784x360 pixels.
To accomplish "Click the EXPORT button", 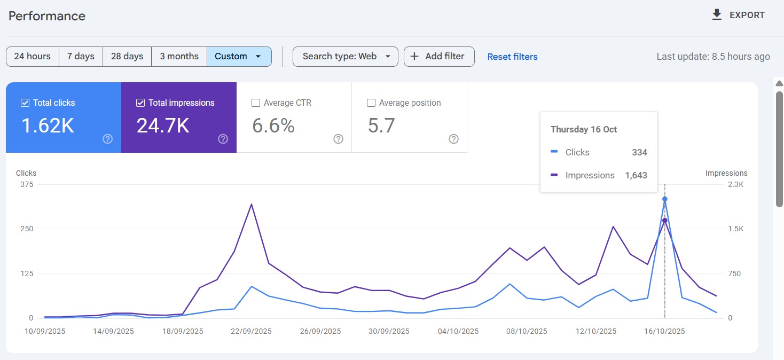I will coord(739,15).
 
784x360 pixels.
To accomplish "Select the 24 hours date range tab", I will coord(33,57).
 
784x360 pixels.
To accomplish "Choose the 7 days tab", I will coord(81,57).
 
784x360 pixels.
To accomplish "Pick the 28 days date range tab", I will coord(127,57).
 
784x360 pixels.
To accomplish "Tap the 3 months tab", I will coord(179,57).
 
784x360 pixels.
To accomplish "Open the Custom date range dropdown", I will coord(239,57).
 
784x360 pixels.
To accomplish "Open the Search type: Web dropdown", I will coord(345,57).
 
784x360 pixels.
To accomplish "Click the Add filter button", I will coord(438,57).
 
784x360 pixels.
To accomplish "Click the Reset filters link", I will coord(512,57).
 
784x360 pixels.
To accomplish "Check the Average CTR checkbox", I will coord(256,103).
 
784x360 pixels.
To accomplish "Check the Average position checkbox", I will coord(371,103).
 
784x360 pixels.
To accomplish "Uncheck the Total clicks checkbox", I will coord(25,103).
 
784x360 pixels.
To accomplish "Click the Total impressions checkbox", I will coord(140,103).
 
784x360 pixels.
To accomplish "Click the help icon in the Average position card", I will coord(453,139).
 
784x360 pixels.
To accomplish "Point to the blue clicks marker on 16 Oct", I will coord(665,199).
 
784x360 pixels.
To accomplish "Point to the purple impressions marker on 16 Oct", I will coord(665,220).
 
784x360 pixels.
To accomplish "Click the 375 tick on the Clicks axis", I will coord(27,184).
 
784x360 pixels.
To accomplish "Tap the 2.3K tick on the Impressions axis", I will coord(735,184).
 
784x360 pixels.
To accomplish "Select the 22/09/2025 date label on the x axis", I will coord(251,331).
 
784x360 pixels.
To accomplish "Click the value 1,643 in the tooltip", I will coord(636,175).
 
